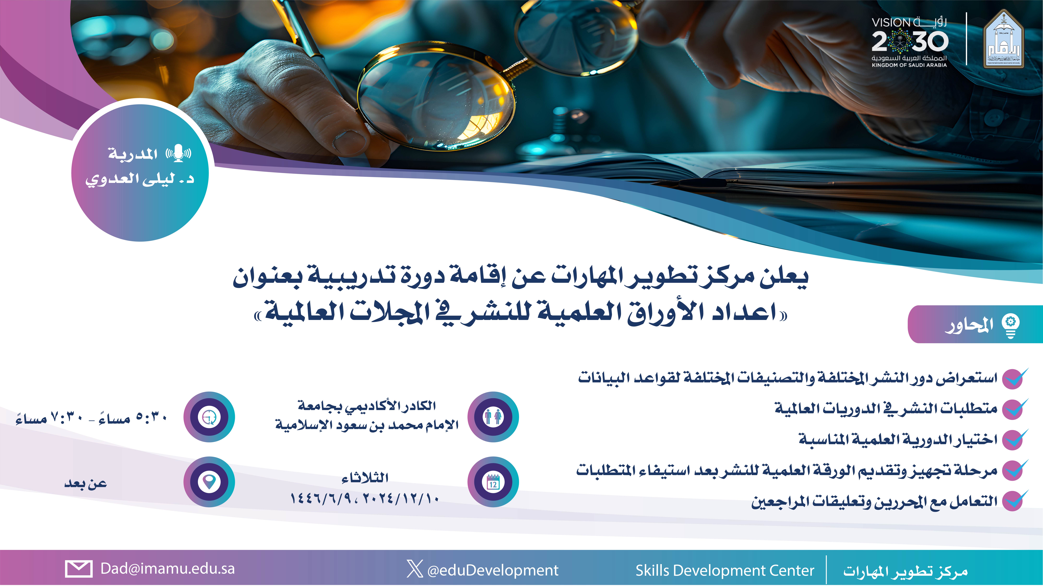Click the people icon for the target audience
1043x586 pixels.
pos(493,417)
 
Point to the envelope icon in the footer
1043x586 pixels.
pos(79,569)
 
